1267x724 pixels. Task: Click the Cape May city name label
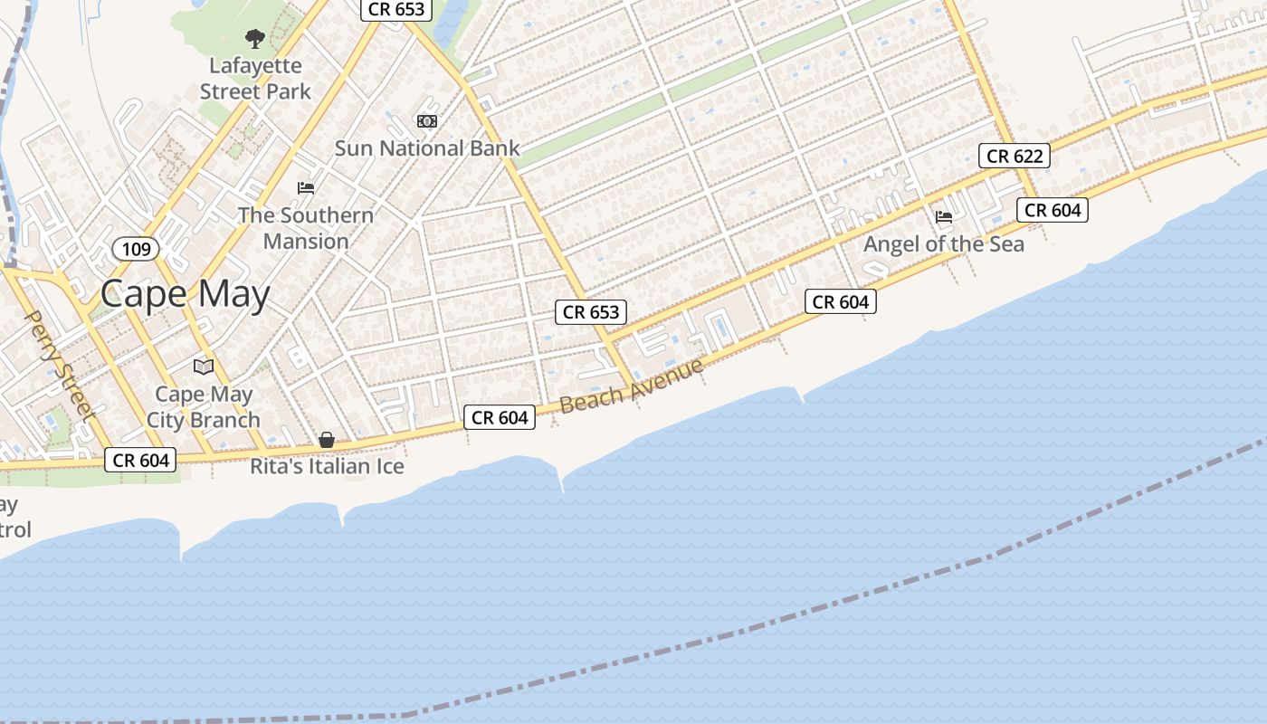point(185,294)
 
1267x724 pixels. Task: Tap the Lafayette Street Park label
point(255,79)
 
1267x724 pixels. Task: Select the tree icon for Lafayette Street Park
point(255,39)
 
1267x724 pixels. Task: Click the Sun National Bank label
point(427,148)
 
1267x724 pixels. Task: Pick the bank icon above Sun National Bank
point(427,121)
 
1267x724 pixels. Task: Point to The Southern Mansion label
point(306,228)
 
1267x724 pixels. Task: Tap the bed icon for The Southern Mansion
point(306,188)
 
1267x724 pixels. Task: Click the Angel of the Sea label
point(944,243)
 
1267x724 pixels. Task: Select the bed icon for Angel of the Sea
point(944,217)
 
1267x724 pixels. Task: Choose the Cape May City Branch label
point(204,407)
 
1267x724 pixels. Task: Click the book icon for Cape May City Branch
point(204,367)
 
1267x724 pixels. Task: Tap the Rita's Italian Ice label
point(327,467)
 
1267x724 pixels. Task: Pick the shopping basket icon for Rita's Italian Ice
point(327,441)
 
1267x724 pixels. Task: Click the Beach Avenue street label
point(632,386)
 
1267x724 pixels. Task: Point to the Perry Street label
point(59,366)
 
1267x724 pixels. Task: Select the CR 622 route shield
point(1015,156)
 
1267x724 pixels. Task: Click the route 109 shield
point(136,248)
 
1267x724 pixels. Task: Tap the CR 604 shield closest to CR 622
point(1053,210)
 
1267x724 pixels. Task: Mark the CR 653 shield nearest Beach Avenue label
point(591,312)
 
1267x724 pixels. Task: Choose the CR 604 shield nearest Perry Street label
point(141,460)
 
